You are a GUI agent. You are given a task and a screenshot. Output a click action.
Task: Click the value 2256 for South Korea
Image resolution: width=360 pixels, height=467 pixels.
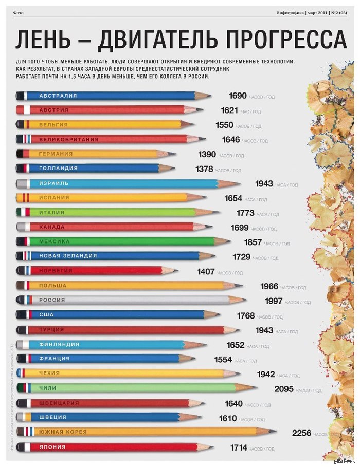[301, 433]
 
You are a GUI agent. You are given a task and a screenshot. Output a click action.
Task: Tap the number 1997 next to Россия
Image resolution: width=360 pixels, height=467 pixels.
[274, 301]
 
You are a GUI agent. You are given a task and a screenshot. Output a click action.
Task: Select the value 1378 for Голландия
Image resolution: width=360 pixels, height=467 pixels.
[204, 169]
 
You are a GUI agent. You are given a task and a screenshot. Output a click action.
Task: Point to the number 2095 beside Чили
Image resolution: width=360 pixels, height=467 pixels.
[283, 389]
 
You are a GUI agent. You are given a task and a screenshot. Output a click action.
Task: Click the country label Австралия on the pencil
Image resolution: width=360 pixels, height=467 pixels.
[58, 96]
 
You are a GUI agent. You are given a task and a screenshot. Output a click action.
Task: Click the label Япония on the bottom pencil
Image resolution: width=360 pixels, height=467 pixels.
[52, 447]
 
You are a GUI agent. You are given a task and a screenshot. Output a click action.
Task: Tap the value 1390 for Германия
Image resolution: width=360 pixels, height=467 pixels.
[207, 155]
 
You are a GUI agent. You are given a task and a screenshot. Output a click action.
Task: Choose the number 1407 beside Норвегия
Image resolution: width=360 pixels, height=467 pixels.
[206, 272]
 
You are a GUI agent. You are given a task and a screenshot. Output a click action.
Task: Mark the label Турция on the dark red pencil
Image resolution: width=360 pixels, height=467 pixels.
[51, 329]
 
